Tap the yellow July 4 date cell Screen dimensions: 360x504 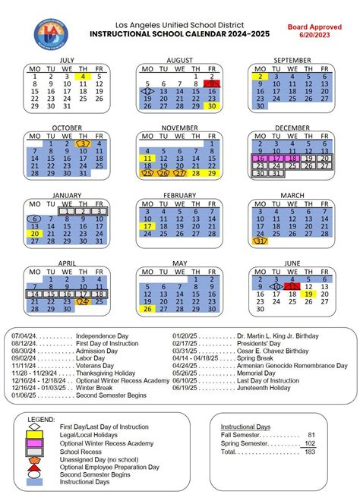(84, 76)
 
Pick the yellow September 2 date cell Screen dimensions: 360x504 (261, 76)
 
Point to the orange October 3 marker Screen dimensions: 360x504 (84, 143)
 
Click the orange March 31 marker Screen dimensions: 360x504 (261, 241)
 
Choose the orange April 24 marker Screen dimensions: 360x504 (84, 301)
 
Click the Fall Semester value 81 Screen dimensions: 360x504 (311, 435)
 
